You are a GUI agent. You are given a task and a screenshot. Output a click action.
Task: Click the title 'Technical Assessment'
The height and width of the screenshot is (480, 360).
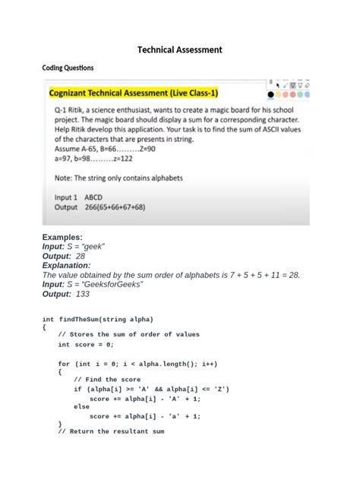pyautogui.click(x=180, y=49)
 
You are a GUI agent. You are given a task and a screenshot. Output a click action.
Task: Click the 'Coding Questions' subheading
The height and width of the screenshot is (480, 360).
pyautogui.click(x=68, y=68)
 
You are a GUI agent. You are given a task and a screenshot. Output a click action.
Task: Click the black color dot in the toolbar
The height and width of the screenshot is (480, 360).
pyautogui.click(x=270, y=95)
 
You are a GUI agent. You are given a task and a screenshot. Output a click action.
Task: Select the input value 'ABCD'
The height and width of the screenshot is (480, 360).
pyautogui.click(x=93, y=197)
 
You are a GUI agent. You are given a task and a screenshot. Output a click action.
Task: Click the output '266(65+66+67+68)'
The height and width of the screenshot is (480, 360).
pyautogui.click(x=115, y=207)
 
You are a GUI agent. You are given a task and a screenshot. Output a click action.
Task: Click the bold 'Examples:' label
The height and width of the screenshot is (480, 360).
pyautogui.click(x=62, y=237)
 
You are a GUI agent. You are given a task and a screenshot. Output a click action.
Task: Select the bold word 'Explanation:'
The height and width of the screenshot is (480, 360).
pyautogui.click(x=66, y=266)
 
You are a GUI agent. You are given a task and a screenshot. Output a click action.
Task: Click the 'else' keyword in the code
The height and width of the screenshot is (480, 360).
pyautogui.click(x=81, y=406)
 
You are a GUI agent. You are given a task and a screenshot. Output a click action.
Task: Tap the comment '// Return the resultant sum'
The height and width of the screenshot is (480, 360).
pyautogui.click(x=111, y=431)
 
